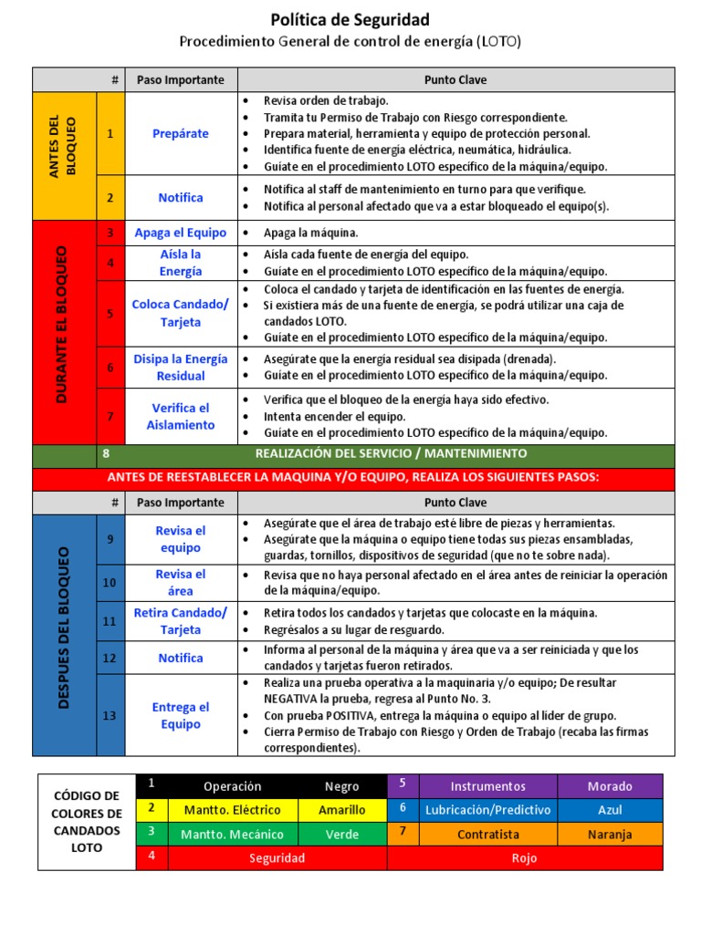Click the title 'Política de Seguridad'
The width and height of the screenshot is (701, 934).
[x=350, y=19]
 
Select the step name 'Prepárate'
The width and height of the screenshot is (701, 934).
[x=181, y=133]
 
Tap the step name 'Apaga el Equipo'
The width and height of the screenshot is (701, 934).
[x=181, y=233]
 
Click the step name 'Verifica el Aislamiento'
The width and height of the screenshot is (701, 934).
[x=181, y=416]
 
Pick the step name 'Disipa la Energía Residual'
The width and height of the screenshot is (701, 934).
[x=181, y=367]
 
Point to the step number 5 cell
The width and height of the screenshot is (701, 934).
[x=110, y=314]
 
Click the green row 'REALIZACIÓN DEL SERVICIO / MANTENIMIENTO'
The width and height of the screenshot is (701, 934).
[x=391, y=453]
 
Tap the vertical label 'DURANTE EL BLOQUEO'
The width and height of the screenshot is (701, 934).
[x=64, y=324]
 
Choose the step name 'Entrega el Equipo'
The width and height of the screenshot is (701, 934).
[x=181, y=715]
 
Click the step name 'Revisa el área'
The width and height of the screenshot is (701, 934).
[x=181, y=582]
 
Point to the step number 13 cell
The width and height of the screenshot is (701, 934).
[x=110, y=715]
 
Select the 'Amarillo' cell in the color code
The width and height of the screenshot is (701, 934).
[x=342, y=809]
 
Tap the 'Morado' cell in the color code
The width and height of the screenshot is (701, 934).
[x=610, y=785]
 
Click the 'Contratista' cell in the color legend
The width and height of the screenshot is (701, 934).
[x=488, y=834]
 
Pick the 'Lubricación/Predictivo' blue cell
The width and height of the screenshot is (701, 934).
[x=488, y=809]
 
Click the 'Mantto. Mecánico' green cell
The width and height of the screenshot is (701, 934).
[x=232, y=834]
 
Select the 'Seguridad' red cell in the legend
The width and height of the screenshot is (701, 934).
[x=277, y=858]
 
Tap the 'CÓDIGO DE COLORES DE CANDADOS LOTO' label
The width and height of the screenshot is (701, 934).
[x=87, y=822]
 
